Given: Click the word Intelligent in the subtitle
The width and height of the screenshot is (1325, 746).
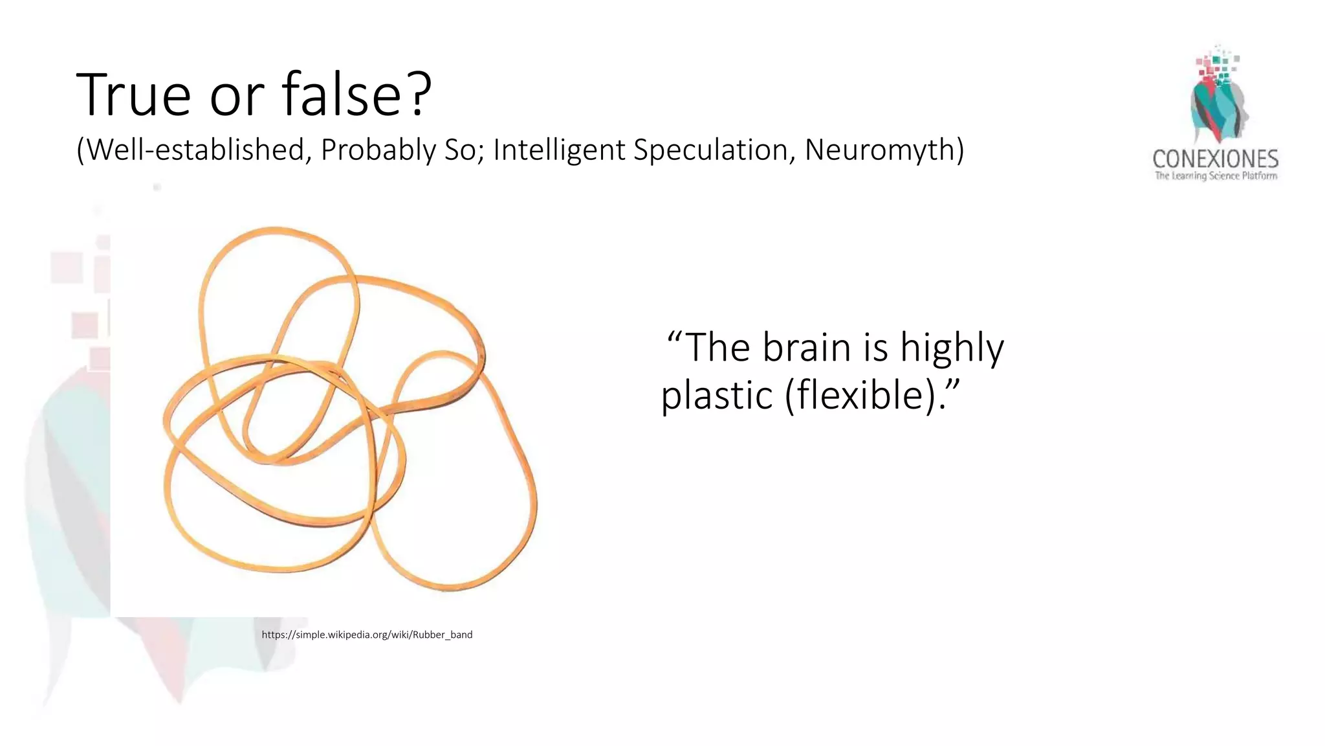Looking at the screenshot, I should [559, 150].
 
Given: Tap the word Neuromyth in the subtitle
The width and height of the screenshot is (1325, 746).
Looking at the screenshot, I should [884, 150].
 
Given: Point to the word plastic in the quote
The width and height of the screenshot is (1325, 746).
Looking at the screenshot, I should [717, 395].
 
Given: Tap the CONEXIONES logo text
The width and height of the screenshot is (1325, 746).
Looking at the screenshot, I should [1215, 159].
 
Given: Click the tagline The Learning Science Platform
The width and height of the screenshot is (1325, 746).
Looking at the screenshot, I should [1216, 176].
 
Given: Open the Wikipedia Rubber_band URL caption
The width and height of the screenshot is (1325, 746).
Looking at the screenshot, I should [367, 635].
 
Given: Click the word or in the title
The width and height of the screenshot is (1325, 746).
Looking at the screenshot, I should [237, 96].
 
